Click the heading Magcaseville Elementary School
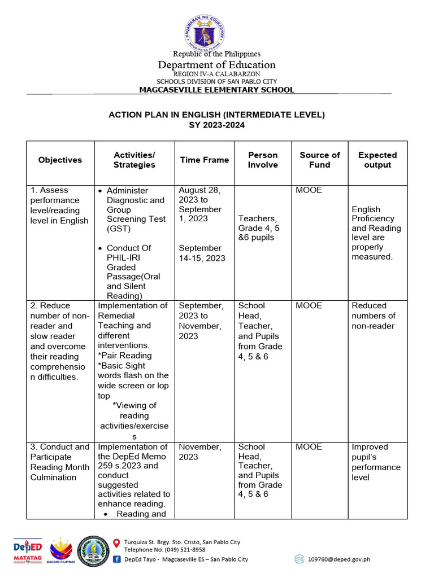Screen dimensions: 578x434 pos(216,90)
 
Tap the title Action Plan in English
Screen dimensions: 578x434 pos(216,115)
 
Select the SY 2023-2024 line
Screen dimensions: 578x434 pos(216,125)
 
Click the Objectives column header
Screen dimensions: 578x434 pos(60,160)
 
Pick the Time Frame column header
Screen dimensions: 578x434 pos(204,160)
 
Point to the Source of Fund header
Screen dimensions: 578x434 pos(319,160)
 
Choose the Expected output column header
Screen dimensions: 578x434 pos(377,160)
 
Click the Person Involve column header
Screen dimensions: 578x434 pos(263,160)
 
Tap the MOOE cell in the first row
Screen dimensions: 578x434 pos(309,190)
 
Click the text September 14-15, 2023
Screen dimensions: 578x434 pos(201,253)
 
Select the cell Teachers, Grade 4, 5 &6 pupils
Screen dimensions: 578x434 pos(259,228)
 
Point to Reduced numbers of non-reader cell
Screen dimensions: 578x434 pos(374,316)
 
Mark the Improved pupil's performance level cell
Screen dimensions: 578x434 pos(376,462)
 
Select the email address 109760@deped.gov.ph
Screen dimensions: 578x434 pos(339,559)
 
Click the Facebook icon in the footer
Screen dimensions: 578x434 pos(117,559)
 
